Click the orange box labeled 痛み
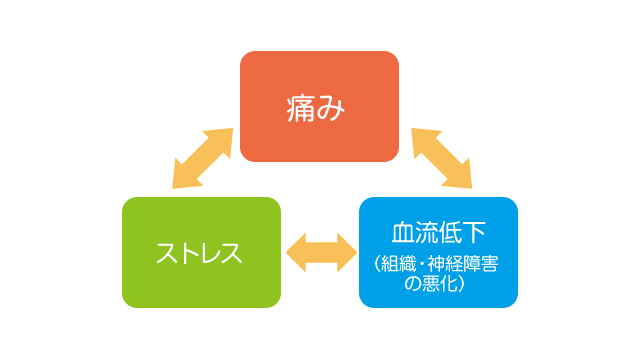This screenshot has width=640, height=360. point(319,106)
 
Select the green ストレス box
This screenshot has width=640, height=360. point(200,252)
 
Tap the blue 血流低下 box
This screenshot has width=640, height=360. point(438,252)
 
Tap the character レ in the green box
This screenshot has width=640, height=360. point(209,253)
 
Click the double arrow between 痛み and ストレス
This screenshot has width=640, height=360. point(203,158)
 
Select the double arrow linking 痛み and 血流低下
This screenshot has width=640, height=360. point(441,158)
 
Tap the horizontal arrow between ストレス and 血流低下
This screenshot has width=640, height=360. point(319,251)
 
